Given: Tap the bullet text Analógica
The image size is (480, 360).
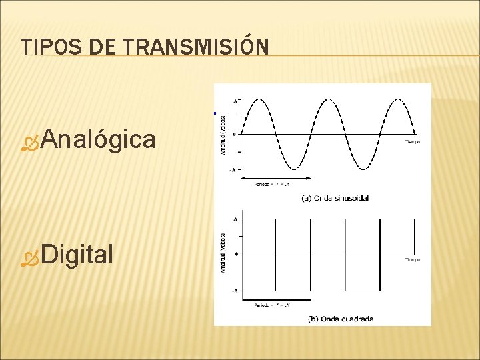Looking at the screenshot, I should tap(99, 139).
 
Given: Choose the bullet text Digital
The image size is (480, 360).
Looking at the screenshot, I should tap(77, 254).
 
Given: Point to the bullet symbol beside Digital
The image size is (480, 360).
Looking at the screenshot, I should tap(30, 255).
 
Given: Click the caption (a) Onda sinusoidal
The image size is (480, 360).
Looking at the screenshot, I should tap(335, 198).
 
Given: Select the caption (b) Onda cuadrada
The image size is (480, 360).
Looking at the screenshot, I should tap(340, 319).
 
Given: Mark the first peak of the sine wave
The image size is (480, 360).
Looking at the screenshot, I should tap(259, 99).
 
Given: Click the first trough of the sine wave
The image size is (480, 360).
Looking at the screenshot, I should tap(293, 169).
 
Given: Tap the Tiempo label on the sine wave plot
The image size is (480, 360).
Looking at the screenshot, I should tap(413, 141).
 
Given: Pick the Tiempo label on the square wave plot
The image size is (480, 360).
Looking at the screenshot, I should tap(413, 260).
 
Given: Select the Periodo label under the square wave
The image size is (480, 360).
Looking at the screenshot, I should tap(270, 305).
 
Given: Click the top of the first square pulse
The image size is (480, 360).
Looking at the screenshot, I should tap(259, 219).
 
